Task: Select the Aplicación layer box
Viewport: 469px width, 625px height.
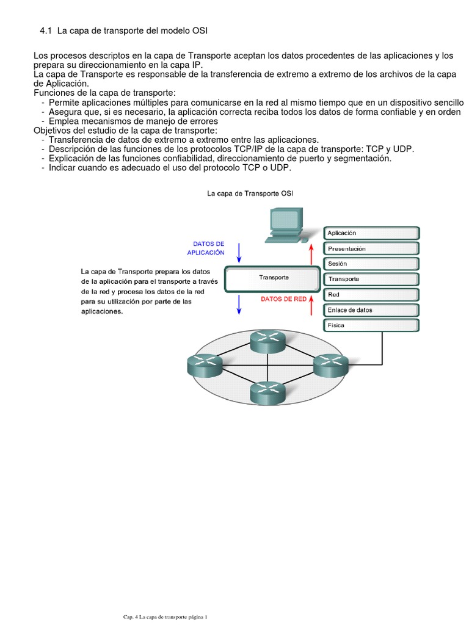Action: click(371, 233)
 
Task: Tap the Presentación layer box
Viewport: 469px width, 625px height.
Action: click(371, 248)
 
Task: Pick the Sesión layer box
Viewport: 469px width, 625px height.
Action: click(371, 264)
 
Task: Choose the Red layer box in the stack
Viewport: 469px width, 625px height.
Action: click(371, 295)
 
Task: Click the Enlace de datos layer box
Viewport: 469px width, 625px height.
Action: click(371, 310)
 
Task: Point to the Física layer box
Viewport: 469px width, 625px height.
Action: click(371, 325)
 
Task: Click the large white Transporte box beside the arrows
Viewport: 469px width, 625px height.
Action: click(273, 278)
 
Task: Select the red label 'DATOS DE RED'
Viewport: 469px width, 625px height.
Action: click(283, 300)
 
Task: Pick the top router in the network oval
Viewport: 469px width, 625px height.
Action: click(267, 342)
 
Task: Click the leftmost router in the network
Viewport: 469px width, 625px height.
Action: click(204, 365)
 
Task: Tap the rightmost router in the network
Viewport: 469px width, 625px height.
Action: click(330, 365)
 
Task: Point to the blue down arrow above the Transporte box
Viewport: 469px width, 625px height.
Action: click(239, 251)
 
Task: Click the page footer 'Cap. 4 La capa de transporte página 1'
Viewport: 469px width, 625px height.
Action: click(165, 617)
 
